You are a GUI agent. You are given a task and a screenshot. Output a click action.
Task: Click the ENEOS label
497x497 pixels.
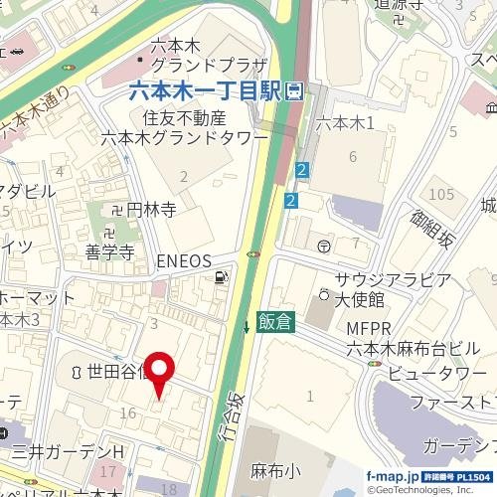coord(185,260)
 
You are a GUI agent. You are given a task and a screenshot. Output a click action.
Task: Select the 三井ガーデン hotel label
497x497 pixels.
coord(64,452)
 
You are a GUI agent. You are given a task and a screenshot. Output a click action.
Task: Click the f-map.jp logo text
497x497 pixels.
coord(391,476)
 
